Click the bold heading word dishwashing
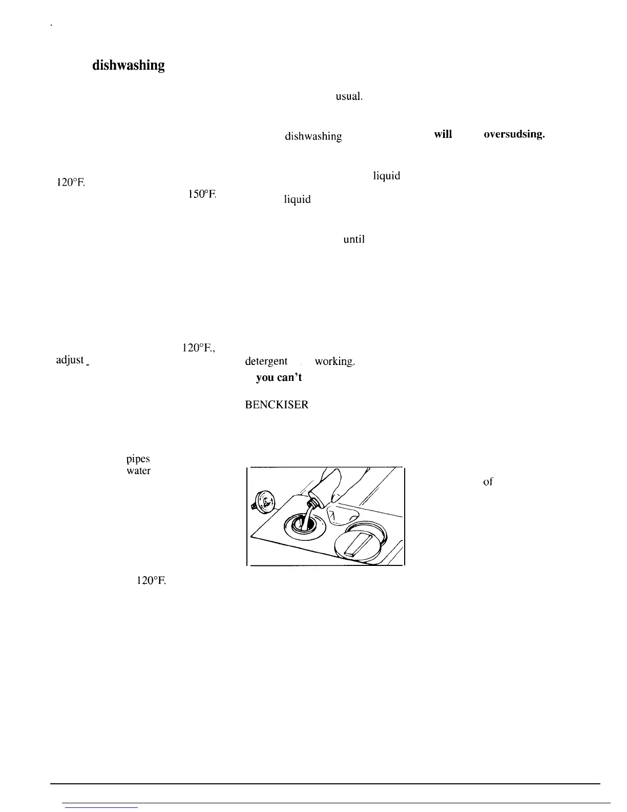[x=128, y=66]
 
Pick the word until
[x=354, y=238]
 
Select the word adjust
[x=71, y=360]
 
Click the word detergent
[x=266, y=361]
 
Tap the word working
[x=334, y=361]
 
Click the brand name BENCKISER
[x=277, y=404]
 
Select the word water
[x=138, y=471]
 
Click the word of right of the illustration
[x=488, y=481]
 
